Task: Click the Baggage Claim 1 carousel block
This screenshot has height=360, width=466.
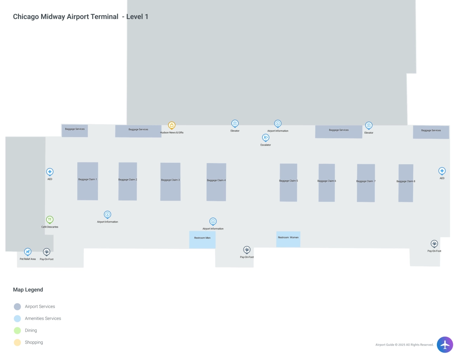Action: tap(87, 181)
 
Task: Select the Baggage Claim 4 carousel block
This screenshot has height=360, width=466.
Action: tap(216, 182)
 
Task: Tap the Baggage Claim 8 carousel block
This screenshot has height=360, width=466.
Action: tap(406, 183)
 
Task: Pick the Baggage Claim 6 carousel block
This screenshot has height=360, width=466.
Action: tap(327, 183)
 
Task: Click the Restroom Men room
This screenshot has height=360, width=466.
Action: tap(202, 240)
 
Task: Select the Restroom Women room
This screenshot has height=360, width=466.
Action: tap(288, 239)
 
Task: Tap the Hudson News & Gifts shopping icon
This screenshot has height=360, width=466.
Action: tap(172, 125)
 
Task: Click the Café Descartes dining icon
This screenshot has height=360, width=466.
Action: tap(50, 220)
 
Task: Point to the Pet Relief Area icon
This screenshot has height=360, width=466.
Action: tap(28, 252)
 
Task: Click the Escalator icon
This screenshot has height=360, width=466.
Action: tap(266, 137)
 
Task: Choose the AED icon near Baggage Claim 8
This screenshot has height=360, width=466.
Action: tap(442, 171)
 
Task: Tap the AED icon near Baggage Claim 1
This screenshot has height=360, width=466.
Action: tap(50, 172)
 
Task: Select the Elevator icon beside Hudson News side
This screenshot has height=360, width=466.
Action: tap(235, 123)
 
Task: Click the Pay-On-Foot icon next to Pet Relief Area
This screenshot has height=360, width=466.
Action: tap(47, 252)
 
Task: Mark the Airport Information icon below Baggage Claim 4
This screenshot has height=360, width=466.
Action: tap(213, 221)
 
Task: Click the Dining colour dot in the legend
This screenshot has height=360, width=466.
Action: tap(17, 330)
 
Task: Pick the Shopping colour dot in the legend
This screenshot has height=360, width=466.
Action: tap(17, 343)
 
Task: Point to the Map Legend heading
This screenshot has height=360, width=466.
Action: tap(28, 290)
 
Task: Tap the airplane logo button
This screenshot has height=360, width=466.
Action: tap(445, 344)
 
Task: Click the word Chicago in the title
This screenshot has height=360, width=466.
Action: tap(26, 17)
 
